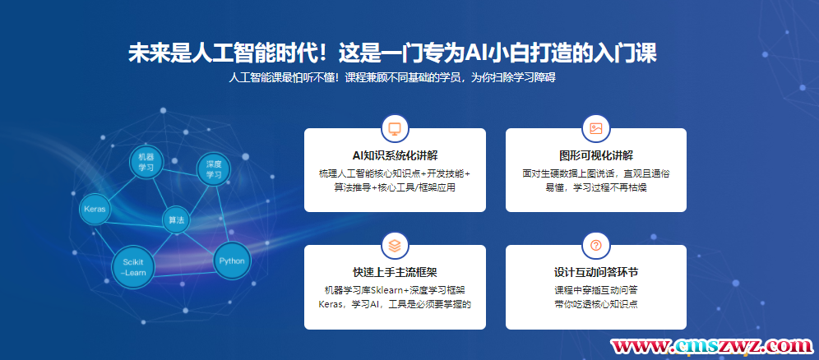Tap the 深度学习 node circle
click(x=214, y=169)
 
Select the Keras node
click(x=95, y=210)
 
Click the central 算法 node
click(x=176, y=220)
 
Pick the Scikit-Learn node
click(x=133, y=267)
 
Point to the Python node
click(x=232, y=261)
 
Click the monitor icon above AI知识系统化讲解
click(x=395, y=128)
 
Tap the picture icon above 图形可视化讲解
click(x=596, y=128)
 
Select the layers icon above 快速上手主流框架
click(x=395, y=245)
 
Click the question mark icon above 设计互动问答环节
click(x=596, y=245)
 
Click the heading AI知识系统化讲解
click(x=395, y=155)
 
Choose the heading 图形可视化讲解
click(x=596, y=155)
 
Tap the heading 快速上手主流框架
click(x=395, y=272)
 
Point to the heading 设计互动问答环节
click(x=596, y=272)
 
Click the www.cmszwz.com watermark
click(x=711, y=345)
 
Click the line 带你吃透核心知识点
click(x=596, y=304)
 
